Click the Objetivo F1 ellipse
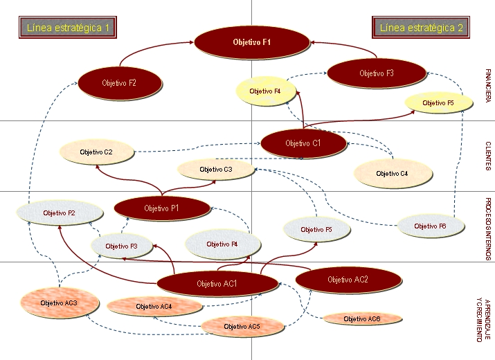click(x=251, y=43)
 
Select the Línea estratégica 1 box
click(x=67, y=28)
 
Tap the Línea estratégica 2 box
click(x=422, y=28)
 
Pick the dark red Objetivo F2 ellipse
click(x=119, y=83)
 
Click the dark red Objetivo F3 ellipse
click(x=376, y=73)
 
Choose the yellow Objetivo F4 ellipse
click(x=264, y=91)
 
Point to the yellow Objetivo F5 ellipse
click(x=438, y=103)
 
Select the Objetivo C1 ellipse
click(x=303, y=143)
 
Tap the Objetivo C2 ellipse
click(x=96, y=152)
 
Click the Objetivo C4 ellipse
click(x=392, y=173)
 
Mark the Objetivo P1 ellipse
click(x=161, y=208)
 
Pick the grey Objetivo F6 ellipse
click(x=430, y=226)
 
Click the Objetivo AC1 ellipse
click(x=217, y=283)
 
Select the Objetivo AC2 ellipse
click(x=348, y=280)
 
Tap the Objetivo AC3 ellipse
click(x=58, y=303)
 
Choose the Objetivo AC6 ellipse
click(x=362, y=319)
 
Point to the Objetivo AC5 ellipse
click(x=242, y=326)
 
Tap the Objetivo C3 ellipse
click(x=216, y=169)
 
